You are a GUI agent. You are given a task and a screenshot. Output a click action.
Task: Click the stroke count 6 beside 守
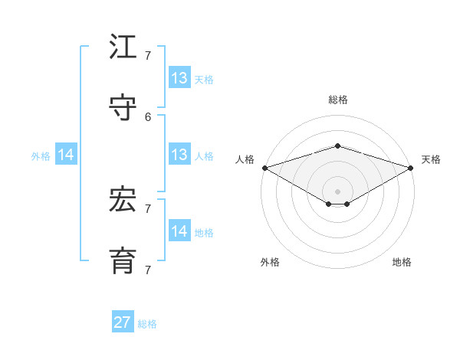point(148,117)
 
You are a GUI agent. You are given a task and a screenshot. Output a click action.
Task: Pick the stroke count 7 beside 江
point(148,56)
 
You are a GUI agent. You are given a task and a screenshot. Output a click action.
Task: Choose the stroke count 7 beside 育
point(148,270)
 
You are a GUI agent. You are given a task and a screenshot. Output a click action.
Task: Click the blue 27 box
point(123,322)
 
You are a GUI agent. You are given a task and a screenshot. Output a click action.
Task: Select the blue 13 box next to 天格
point(179,78)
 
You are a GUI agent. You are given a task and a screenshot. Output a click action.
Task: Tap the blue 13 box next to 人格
point(179,155)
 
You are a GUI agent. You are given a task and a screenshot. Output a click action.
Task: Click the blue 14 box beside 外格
point(66,155)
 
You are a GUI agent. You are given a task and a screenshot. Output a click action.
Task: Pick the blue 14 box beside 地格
point(179,231)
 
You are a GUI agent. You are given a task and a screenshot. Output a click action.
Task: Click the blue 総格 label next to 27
point(147,324)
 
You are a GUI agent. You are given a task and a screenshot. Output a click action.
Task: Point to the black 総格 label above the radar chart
point(337,100)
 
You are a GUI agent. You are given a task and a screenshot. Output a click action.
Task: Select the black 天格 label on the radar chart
point(431,159)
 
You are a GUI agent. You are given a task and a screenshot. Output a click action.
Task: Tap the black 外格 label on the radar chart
point(270,262)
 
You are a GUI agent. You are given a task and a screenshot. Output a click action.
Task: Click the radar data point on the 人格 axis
point(264,167)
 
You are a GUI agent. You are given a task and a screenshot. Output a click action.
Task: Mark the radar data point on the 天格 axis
point(410,167)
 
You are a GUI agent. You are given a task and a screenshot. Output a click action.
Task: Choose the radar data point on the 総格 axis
point(337,146)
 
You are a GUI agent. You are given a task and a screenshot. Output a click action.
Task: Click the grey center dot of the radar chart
point(337,191)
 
